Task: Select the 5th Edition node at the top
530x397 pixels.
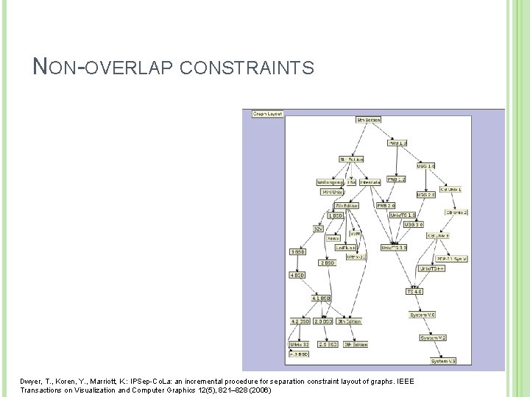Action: pos(368,119)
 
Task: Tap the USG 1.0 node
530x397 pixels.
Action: pos(426,166)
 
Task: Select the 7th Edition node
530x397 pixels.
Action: pos(346,205)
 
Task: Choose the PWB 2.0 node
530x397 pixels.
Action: pos(386,205)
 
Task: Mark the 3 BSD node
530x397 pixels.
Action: pos(298,251)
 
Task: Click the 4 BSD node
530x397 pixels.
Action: pos(298,275)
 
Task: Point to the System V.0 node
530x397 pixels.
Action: pos(424,315)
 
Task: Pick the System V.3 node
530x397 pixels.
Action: pos(444,361)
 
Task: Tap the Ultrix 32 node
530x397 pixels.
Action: pos(299,343)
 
